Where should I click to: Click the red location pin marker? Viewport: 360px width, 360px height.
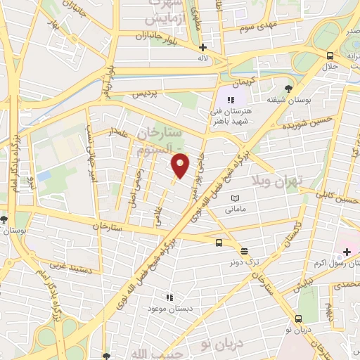tap(181, 165)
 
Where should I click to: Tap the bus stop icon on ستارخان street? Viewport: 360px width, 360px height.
tap(219, 243)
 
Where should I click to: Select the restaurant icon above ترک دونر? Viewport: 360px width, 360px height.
tap(244, 251)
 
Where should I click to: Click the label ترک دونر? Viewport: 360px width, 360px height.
tap(243, 262)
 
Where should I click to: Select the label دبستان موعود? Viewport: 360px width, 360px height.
tap(166, 309)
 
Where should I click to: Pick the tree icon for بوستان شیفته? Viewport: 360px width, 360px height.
tap(288, 89)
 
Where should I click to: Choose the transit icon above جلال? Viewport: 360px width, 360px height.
tap(328, 56)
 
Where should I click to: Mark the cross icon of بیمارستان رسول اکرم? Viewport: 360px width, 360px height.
tap(347, 251)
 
